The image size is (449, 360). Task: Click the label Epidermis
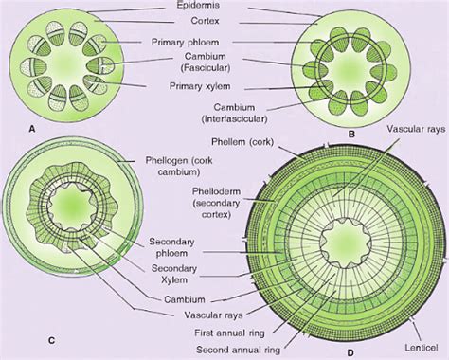(223, 7)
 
